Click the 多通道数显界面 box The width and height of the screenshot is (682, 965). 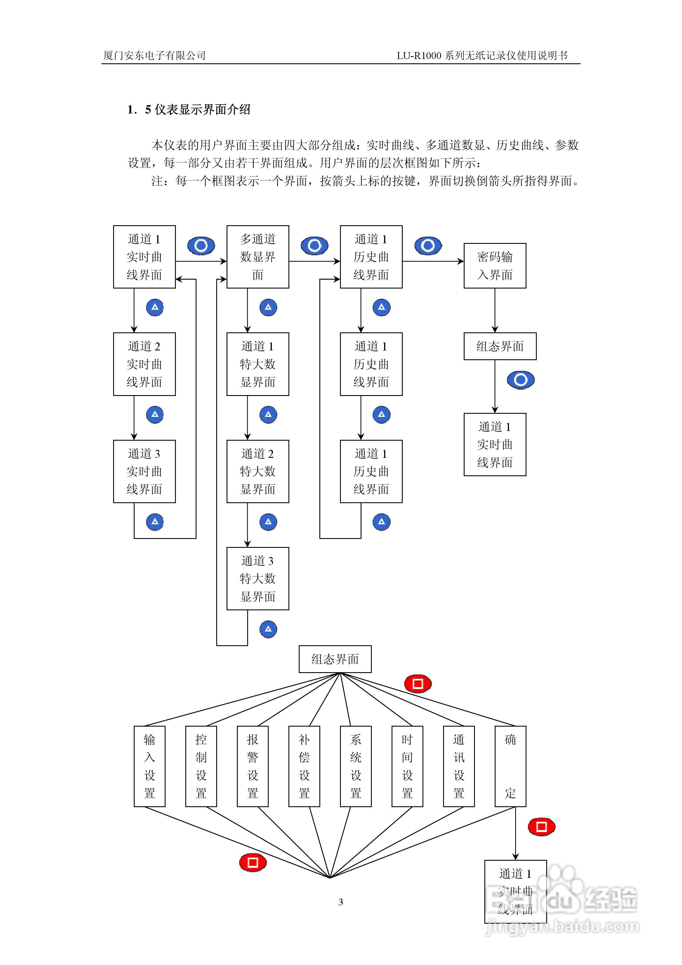(258, 257)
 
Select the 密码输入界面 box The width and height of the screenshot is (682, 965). (495, 266)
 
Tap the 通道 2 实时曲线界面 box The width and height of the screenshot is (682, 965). (144, 364)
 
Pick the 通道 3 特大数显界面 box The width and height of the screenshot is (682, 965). (258, 578)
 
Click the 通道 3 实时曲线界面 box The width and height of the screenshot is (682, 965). (144, 471)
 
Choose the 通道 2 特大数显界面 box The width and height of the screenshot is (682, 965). (258, 471)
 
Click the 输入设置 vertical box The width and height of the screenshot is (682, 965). (150, 766)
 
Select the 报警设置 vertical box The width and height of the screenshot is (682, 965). (253, 766)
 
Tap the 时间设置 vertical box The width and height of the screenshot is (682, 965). (407, 766)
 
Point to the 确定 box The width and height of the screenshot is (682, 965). (510, 766)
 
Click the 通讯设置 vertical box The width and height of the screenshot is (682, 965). (459, 766)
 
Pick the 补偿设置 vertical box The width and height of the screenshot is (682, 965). (304, 766)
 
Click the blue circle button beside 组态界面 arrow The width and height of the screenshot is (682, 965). (521, 380)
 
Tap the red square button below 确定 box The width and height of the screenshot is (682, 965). (541, 827)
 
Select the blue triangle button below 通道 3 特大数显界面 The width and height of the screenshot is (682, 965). (268, 629)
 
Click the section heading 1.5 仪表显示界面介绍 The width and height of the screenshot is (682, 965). (189, 110)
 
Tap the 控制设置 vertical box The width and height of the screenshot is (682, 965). (201, 766)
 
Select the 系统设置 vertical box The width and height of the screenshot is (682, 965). (355, 766)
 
